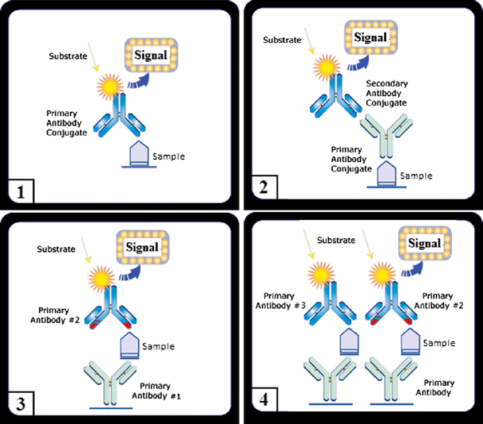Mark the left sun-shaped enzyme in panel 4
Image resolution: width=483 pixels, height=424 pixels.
326,277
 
